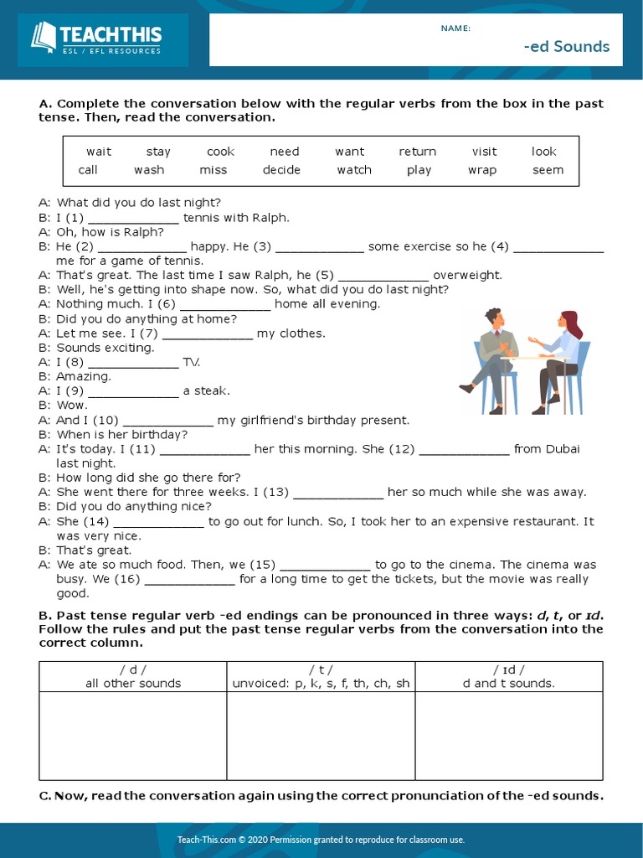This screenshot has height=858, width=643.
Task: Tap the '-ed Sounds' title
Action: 567,46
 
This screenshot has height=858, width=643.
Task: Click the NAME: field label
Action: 455,28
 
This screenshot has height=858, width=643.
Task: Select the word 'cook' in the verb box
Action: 220,152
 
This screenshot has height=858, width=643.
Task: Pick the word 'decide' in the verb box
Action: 281,170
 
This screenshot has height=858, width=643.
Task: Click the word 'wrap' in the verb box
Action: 482,170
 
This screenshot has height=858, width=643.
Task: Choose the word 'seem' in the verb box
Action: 548,170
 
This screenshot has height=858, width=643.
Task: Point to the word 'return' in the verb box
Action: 417,152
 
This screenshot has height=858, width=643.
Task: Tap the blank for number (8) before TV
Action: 133,364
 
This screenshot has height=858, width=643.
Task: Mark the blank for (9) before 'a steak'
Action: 133,392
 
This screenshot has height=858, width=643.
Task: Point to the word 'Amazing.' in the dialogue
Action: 84,377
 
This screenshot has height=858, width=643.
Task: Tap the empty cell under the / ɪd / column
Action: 508,736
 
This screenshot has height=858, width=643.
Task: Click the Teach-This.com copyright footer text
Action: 321,840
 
